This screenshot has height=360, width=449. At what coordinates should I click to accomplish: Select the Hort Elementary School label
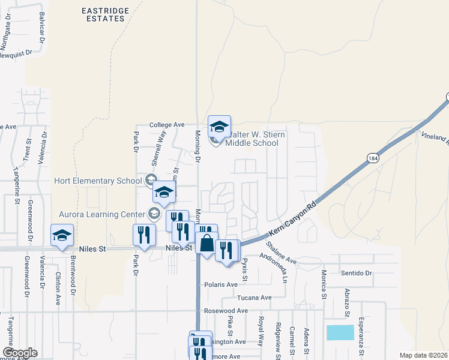click(x=98, y=181)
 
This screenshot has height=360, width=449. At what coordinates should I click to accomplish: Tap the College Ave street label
click(x=167, y=125)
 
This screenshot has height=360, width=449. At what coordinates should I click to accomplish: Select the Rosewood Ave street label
click(x=226, y=311)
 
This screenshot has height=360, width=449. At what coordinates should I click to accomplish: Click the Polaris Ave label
click(x=221, y=284)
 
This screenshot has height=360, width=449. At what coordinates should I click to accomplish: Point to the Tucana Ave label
click(x=255, y=298)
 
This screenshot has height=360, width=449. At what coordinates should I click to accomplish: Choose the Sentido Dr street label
click(x=357, y=273)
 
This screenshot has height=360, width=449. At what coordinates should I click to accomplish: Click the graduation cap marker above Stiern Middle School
click(x=219, y=126)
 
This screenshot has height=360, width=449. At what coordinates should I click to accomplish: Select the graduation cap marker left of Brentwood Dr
click(x=61, y=236)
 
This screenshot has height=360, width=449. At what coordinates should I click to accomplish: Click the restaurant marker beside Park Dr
click(x=143, y=235)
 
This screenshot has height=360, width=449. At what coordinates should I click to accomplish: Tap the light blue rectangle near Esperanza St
click(x=340, y=332)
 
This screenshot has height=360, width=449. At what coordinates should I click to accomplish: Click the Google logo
click(x=20, y=353)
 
